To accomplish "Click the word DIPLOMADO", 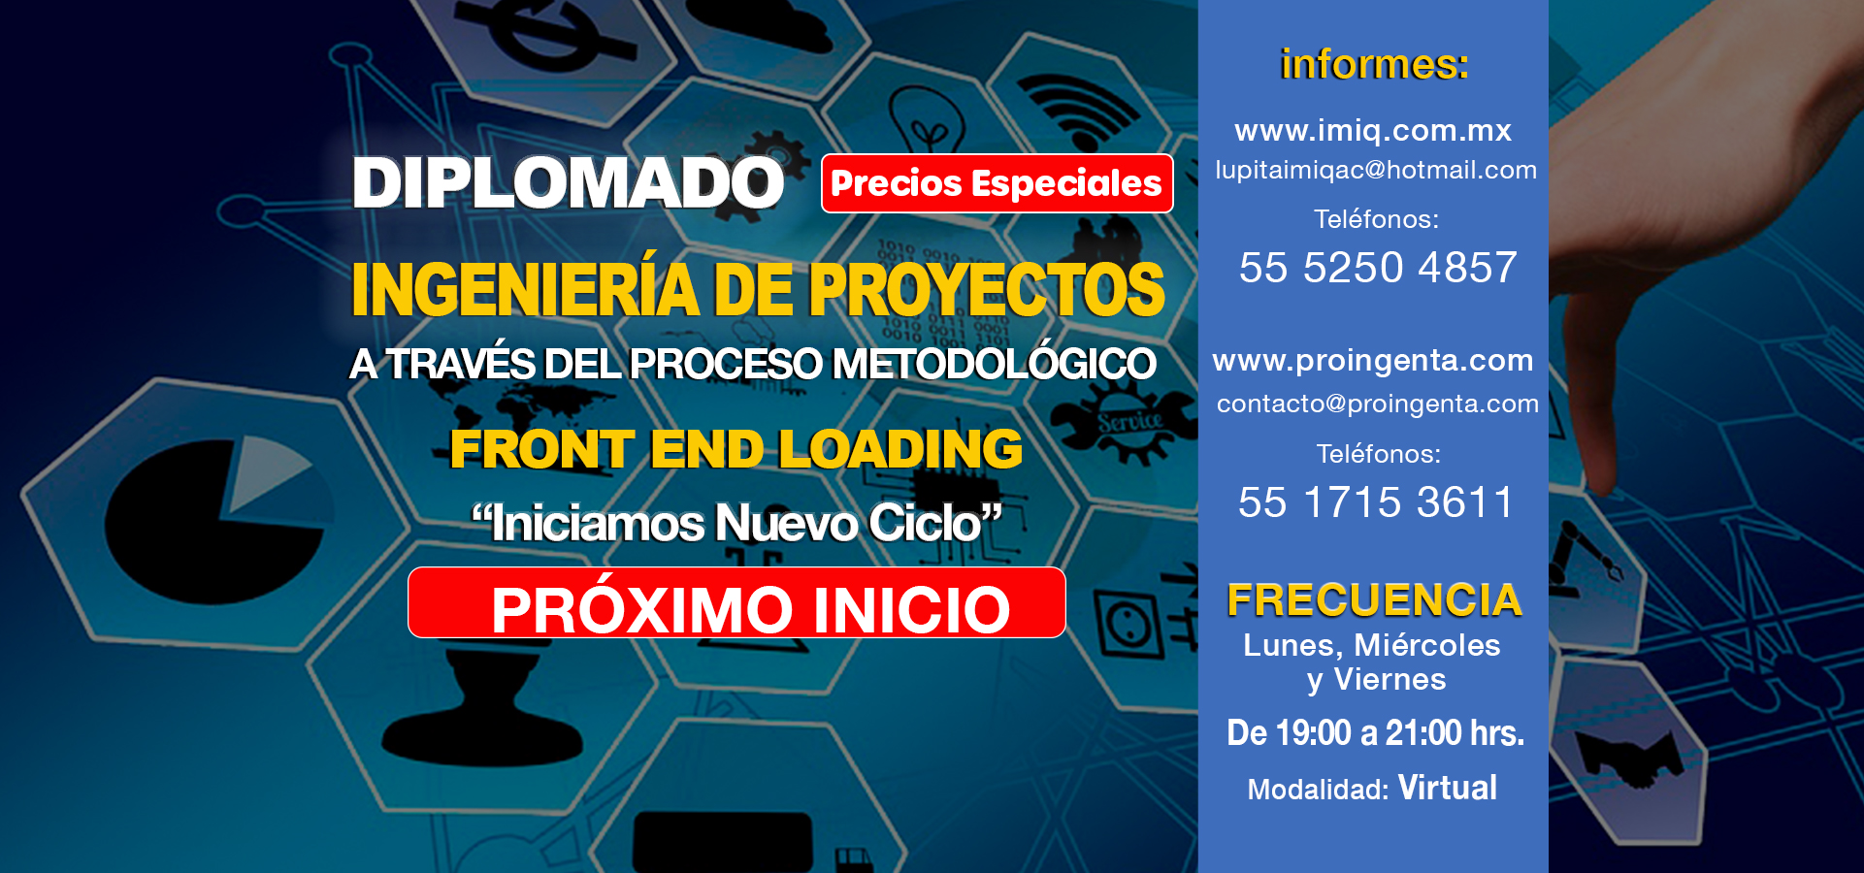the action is tap(568, 182).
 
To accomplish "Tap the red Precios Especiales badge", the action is tap(997, 183).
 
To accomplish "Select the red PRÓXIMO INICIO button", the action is tap(736, 602).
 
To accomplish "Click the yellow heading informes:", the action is tap(1374, 64).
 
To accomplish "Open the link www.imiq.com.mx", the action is tap(1373, 130).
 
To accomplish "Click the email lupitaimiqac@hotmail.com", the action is tap(1376, 170).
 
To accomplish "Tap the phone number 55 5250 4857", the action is tap(1378, 268).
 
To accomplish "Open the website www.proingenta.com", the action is tap(1373, 361).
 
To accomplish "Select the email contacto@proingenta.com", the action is tap(1378, 404).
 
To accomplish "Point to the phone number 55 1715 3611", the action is tap(1376, 502).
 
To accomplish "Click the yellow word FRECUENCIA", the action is tap(1374, 599).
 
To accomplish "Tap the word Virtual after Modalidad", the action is tap(1448, 788).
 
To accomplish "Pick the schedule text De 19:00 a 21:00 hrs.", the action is tap(1376, 732).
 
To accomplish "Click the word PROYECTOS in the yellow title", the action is tap(987, 289).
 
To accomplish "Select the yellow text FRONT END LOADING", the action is tap(736, 449).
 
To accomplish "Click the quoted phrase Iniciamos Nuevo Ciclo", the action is tap(736, 523).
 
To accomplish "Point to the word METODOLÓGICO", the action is tap(995, 364).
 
